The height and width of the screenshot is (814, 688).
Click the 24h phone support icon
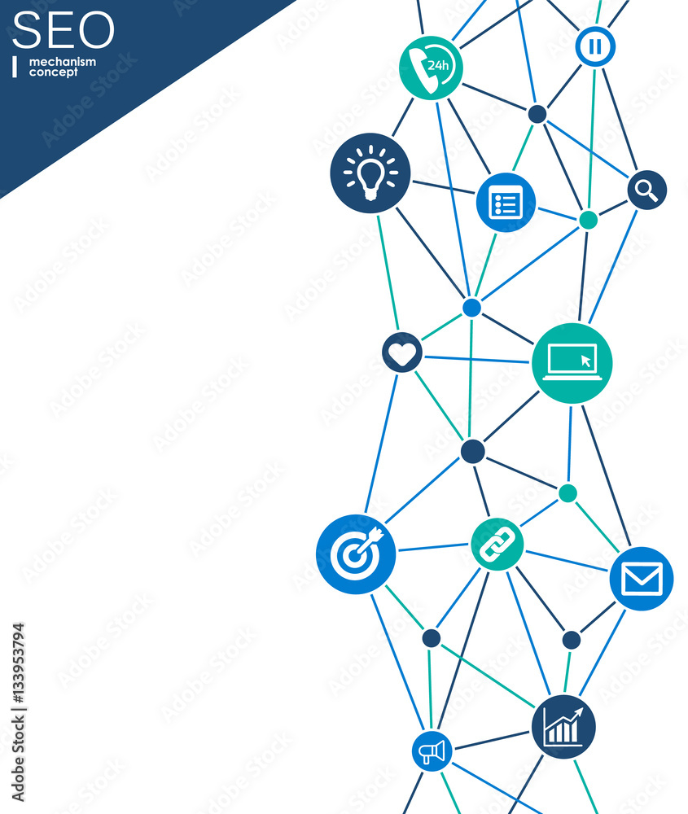pos(431,68)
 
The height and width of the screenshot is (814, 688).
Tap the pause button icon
pos(595,46)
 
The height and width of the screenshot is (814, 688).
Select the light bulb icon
pos(370,173)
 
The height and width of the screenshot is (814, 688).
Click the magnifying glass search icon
pos(647,190)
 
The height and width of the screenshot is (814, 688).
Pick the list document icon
pos(506,203)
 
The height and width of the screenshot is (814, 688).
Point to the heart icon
pos(402,352)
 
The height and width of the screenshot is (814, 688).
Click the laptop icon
pos(572,363)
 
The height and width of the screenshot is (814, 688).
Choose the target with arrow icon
pos(356,554)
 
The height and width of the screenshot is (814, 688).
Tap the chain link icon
pos(497,544)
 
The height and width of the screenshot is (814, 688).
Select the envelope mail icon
pos(642,578)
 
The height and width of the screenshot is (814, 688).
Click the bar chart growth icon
pos(563,727)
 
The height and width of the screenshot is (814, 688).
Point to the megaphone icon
pos(432,751)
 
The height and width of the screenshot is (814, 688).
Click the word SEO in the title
pos(63,30)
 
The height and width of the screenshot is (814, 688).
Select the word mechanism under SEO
pos(63,62)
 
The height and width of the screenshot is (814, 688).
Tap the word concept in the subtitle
pos(54,72)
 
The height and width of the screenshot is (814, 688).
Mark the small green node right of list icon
pos(588,220)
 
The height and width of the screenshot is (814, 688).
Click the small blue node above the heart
pos(471,308)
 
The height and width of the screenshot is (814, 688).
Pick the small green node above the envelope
pos(567,493)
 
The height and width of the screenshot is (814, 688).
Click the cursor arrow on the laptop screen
pos(585,361)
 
